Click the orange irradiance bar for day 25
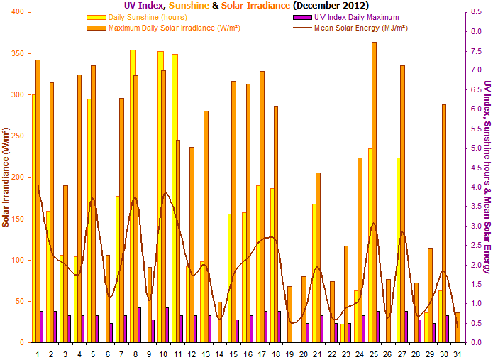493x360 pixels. coord(374,192)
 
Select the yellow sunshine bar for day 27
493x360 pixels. coord(399,249)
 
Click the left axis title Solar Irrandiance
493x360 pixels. coord(6,178)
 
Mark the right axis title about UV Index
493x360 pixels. coord(487,178)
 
